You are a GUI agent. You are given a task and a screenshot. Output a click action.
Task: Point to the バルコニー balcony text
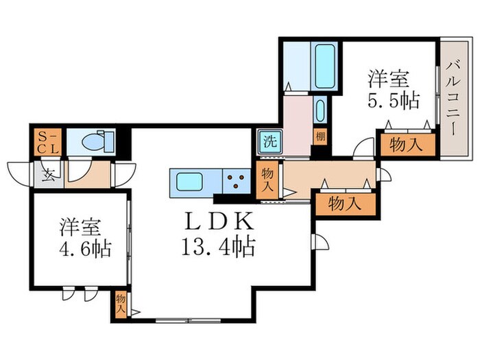(453, 95)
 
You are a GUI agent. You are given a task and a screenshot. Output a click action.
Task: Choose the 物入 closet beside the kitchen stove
(269, 180)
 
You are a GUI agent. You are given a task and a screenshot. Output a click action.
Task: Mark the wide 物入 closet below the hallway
(346, 204)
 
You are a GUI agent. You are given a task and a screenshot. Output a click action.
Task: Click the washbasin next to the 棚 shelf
(320, 110)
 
